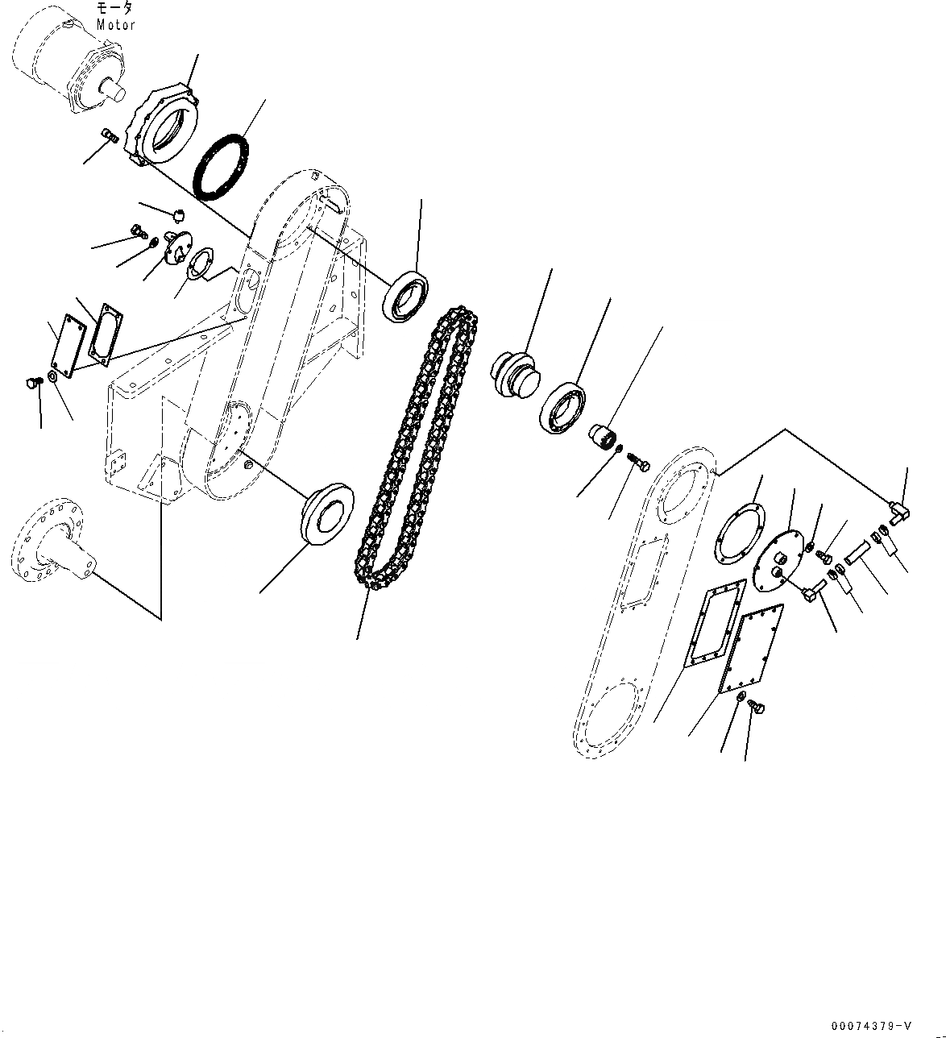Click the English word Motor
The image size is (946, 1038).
[116, 24]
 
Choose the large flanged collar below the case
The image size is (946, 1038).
[327, 514]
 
